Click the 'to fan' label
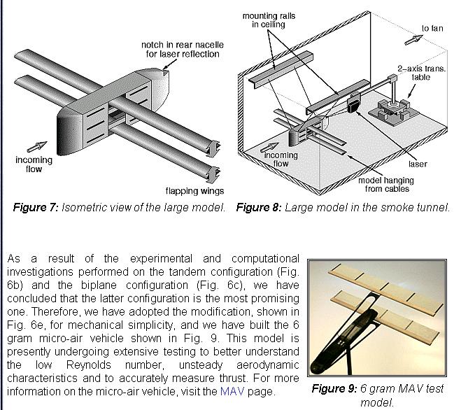pos(432,29)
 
